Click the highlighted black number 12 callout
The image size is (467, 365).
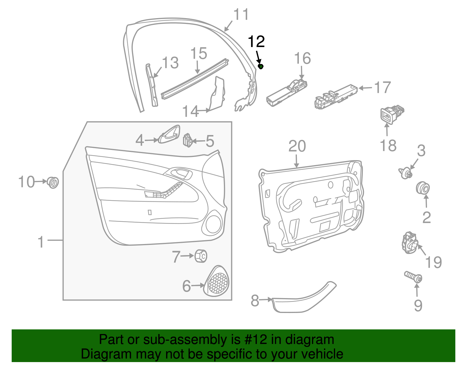click(256, 42)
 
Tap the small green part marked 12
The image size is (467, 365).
click(261, 67)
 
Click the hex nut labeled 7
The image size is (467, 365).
click(201, 256)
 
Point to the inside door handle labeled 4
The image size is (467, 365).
click(169, 135)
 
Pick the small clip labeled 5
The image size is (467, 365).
click(188, 140)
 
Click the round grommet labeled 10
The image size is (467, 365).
click(53, 182)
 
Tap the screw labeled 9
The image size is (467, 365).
click(413, 276)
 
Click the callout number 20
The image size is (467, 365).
click(297, 146)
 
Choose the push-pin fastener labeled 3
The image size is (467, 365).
click(405, 173)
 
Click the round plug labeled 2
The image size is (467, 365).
click(423, 188)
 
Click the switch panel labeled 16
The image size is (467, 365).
click(287, 91)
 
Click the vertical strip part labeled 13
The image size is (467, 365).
click(152, 86)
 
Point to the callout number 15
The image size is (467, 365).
click(198, 54)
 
